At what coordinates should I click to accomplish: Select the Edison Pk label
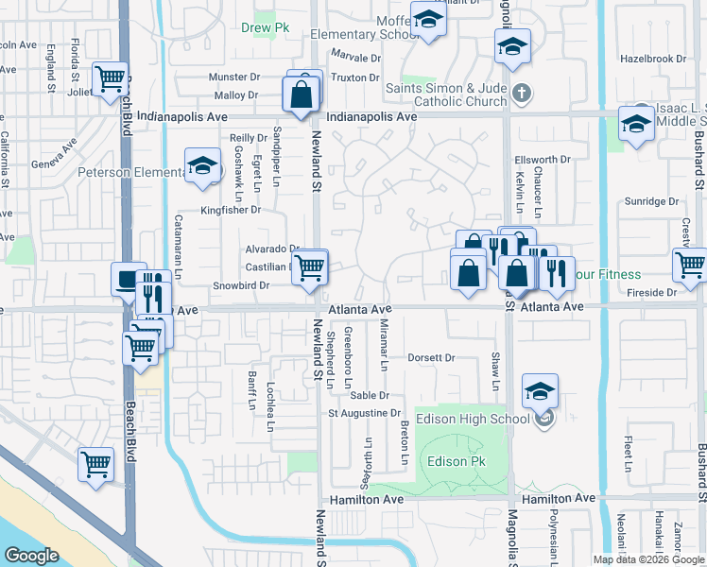(456, 462)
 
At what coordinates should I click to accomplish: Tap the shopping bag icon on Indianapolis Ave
(301, 94)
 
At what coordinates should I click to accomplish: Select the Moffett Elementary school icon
(428, 19)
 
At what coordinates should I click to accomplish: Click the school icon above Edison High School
(540, 389)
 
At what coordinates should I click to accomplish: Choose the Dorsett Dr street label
(431, 358)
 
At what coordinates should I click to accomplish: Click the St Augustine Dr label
(365, 413)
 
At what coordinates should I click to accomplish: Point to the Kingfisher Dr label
(230, 209)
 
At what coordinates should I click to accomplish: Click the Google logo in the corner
(31, 556)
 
